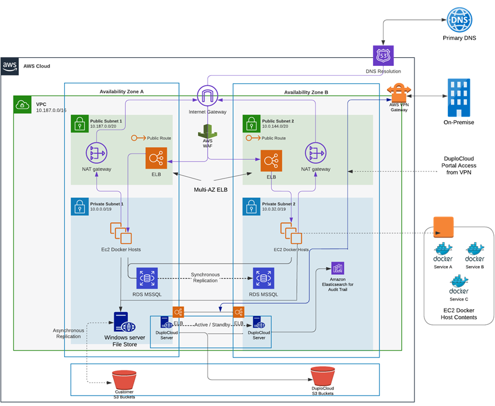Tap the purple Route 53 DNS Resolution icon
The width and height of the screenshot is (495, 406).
click(x=384, y=56)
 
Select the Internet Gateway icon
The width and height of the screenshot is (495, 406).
click(x=207, y=96)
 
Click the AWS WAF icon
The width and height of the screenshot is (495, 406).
click(x=207, y=132)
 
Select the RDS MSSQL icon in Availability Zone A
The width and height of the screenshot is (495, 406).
click(x=146, y=278)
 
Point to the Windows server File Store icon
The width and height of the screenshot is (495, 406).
click(x=121, y=322)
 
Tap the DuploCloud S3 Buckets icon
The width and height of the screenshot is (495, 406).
click(x=322, y=378)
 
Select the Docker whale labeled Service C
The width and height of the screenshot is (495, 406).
click(x=459, y=284)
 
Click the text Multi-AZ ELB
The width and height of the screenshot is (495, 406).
click(x=210, y=190)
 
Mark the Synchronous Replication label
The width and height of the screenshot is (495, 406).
click(x=204, y=278)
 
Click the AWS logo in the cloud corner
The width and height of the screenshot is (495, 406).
click(x=10, y=65)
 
